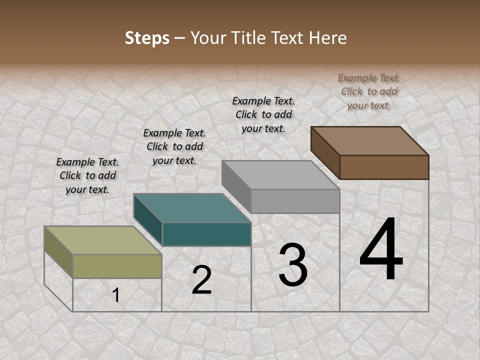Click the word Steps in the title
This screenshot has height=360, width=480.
[147, 38]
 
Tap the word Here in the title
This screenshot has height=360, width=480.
[328, 38]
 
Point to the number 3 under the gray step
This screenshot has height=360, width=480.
[292, 264]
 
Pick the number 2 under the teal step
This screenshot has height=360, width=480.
[201, 280]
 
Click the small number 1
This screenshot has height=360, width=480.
[115, 295]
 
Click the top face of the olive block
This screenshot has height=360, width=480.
[102, 240]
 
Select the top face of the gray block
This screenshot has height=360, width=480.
[280, 175]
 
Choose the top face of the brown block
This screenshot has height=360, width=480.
[369, 141]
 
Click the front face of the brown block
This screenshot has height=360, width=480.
[384, 167]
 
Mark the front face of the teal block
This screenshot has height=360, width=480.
[206, 234]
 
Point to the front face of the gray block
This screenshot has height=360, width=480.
[295, 201]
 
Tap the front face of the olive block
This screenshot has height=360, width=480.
[117, 266]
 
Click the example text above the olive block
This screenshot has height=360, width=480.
[87, 175]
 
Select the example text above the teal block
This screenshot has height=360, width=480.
[174, 146]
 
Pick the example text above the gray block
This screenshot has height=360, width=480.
[263, 114]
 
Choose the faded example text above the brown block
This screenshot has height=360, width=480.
[369, 91]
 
